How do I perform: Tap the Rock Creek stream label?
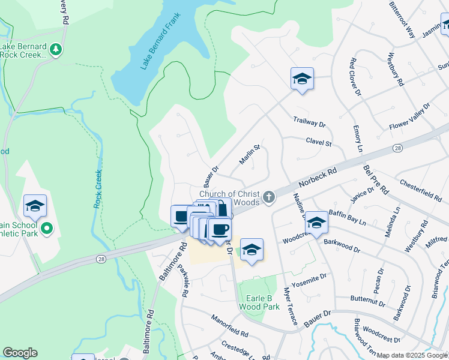[x=98, y=188]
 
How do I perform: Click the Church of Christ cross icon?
[x=270, y=196]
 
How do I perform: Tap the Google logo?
[x=20, y=353]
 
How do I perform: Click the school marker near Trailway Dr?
[x=302, y=79]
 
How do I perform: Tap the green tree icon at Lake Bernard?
[x=56, y=49]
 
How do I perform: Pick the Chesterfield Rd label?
[x=420, y=188]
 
